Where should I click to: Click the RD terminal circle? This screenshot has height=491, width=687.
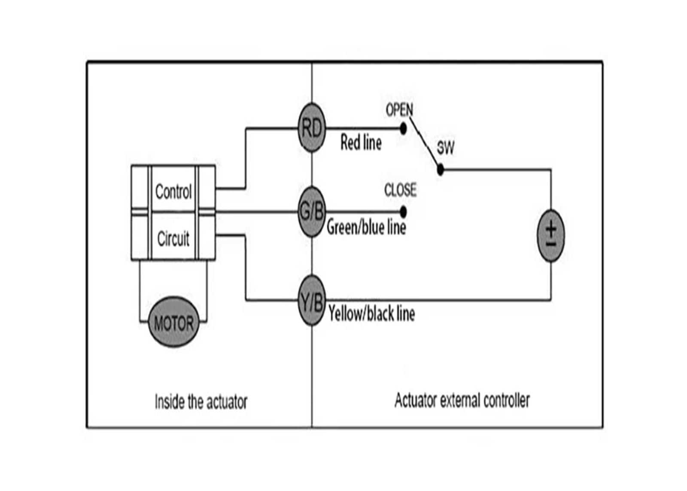point(312,128)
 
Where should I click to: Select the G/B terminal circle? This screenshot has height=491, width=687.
point(312,212)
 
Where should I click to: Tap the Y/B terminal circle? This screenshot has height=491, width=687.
point(312,300)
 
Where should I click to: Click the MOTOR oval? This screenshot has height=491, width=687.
point(174,322)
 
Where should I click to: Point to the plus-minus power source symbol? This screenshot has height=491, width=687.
point(551,236)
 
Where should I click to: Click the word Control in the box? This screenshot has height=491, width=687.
point(173,192)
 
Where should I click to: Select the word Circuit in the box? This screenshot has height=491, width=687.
point(173,238)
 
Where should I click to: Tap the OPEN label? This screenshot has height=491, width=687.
point(399,110)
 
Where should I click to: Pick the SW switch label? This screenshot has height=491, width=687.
point(445,148)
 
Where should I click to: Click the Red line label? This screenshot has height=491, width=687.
point(361,143)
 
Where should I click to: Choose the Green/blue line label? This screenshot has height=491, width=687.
point(367,227)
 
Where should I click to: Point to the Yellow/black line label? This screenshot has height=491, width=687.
point(372,313)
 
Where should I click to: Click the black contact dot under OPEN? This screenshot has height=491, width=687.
point(403,128)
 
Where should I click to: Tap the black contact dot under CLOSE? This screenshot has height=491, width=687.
point(403,212)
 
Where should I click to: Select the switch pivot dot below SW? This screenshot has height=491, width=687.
point(440,169)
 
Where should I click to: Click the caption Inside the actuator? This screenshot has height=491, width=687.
point(201,402)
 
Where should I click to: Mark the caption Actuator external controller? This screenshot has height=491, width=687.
point(462,400)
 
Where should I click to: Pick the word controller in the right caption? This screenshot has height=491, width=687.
point(506,400)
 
